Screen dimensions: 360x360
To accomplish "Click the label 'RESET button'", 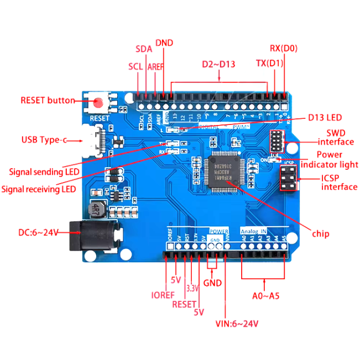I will click(x=47, y=101).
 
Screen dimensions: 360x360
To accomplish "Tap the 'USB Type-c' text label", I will click(x=44, y=140).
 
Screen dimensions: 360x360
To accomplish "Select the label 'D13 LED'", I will click(x=325, y=117).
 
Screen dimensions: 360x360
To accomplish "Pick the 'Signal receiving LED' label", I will click(x=38, y=190).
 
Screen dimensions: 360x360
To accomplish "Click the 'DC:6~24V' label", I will click(x=38, y=233).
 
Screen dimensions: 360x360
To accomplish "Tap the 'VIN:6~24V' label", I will click(x=237, y=324).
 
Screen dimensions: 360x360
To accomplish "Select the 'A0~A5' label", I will click(x=265, y=295).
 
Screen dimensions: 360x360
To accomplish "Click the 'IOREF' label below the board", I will click(x=163, y=295).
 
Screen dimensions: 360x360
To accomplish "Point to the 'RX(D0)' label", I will click(x=283, y=48).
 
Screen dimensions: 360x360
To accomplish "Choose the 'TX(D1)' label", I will click(x=269, y=63).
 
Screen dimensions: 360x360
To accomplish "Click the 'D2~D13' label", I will click(x=218, y=64).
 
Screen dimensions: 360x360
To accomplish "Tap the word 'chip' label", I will click(x=320, y=234).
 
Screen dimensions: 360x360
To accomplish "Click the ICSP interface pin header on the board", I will click(x=287, y=178).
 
